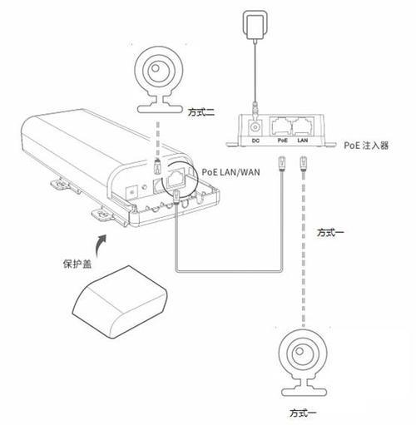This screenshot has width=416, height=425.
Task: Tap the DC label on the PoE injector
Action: tap(255, 141)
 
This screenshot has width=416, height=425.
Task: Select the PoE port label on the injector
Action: tap(283, 141)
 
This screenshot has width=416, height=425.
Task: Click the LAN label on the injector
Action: tap(303, 141)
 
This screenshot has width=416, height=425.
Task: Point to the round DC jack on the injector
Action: tap(255, 127)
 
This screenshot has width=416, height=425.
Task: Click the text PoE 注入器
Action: tap(366, 146)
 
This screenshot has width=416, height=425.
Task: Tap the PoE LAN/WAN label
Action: tap(230, 172)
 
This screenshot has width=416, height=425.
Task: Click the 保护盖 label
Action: tap(77, 264)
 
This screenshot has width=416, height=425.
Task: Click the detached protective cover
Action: tap(120, 302)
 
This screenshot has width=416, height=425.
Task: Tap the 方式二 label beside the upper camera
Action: tap(201, 112)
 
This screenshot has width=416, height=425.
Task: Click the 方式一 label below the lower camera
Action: tap(303, 413)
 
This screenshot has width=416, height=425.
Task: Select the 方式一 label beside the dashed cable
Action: tap(330, 232)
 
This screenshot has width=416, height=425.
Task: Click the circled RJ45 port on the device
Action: tap(175, 177)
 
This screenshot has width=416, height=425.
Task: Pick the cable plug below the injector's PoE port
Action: tap(282, 163)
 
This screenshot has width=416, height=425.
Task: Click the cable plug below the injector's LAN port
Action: tap(304, 163)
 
